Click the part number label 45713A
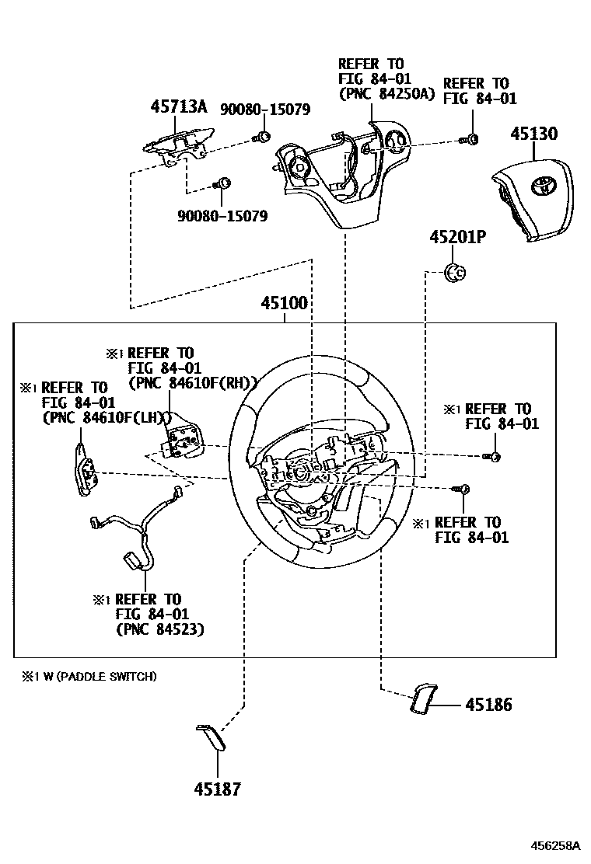click(178, 107)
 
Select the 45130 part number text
click(533, 134)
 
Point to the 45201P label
click(457, 238)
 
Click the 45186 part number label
click(488, 705)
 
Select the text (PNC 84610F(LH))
click(106, 416)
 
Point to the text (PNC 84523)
click(159, 629)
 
